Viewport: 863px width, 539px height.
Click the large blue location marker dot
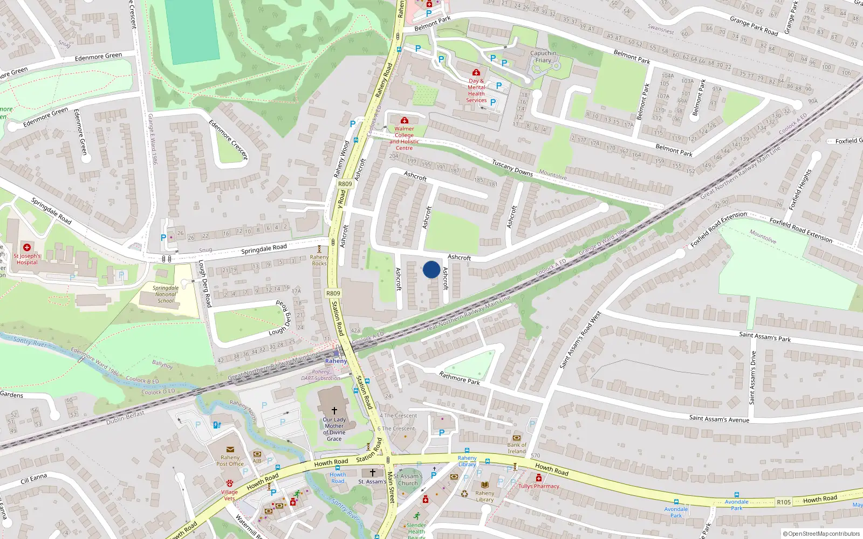coord(432,269)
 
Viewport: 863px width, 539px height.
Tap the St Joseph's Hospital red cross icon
coord(27,247)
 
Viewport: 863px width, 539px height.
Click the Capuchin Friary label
coord(543,57)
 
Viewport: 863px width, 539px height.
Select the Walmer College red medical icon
coord(404,121)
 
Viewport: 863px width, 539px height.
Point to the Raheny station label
coord(336,361)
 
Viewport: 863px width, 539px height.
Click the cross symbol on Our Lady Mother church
coord(334,410)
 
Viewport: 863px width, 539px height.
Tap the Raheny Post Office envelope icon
coord(230,449)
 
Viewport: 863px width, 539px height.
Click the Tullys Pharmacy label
coord(539,486)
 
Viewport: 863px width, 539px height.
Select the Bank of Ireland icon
coord(517,438)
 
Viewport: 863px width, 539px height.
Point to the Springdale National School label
coord(166,294)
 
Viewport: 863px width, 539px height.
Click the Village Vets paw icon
coord(230,483)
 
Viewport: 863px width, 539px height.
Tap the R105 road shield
coord(784,502)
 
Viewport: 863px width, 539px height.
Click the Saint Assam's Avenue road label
coord(719,419)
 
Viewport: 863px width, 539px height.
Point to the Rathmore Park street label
coord(459,378)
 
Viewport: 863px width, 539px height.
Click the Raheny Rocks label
coord(319,260)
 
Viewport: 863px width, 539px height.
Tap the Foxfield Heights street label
coord(800,190)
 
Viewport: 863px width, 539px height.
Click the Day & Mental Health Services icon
coord(476,72)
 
